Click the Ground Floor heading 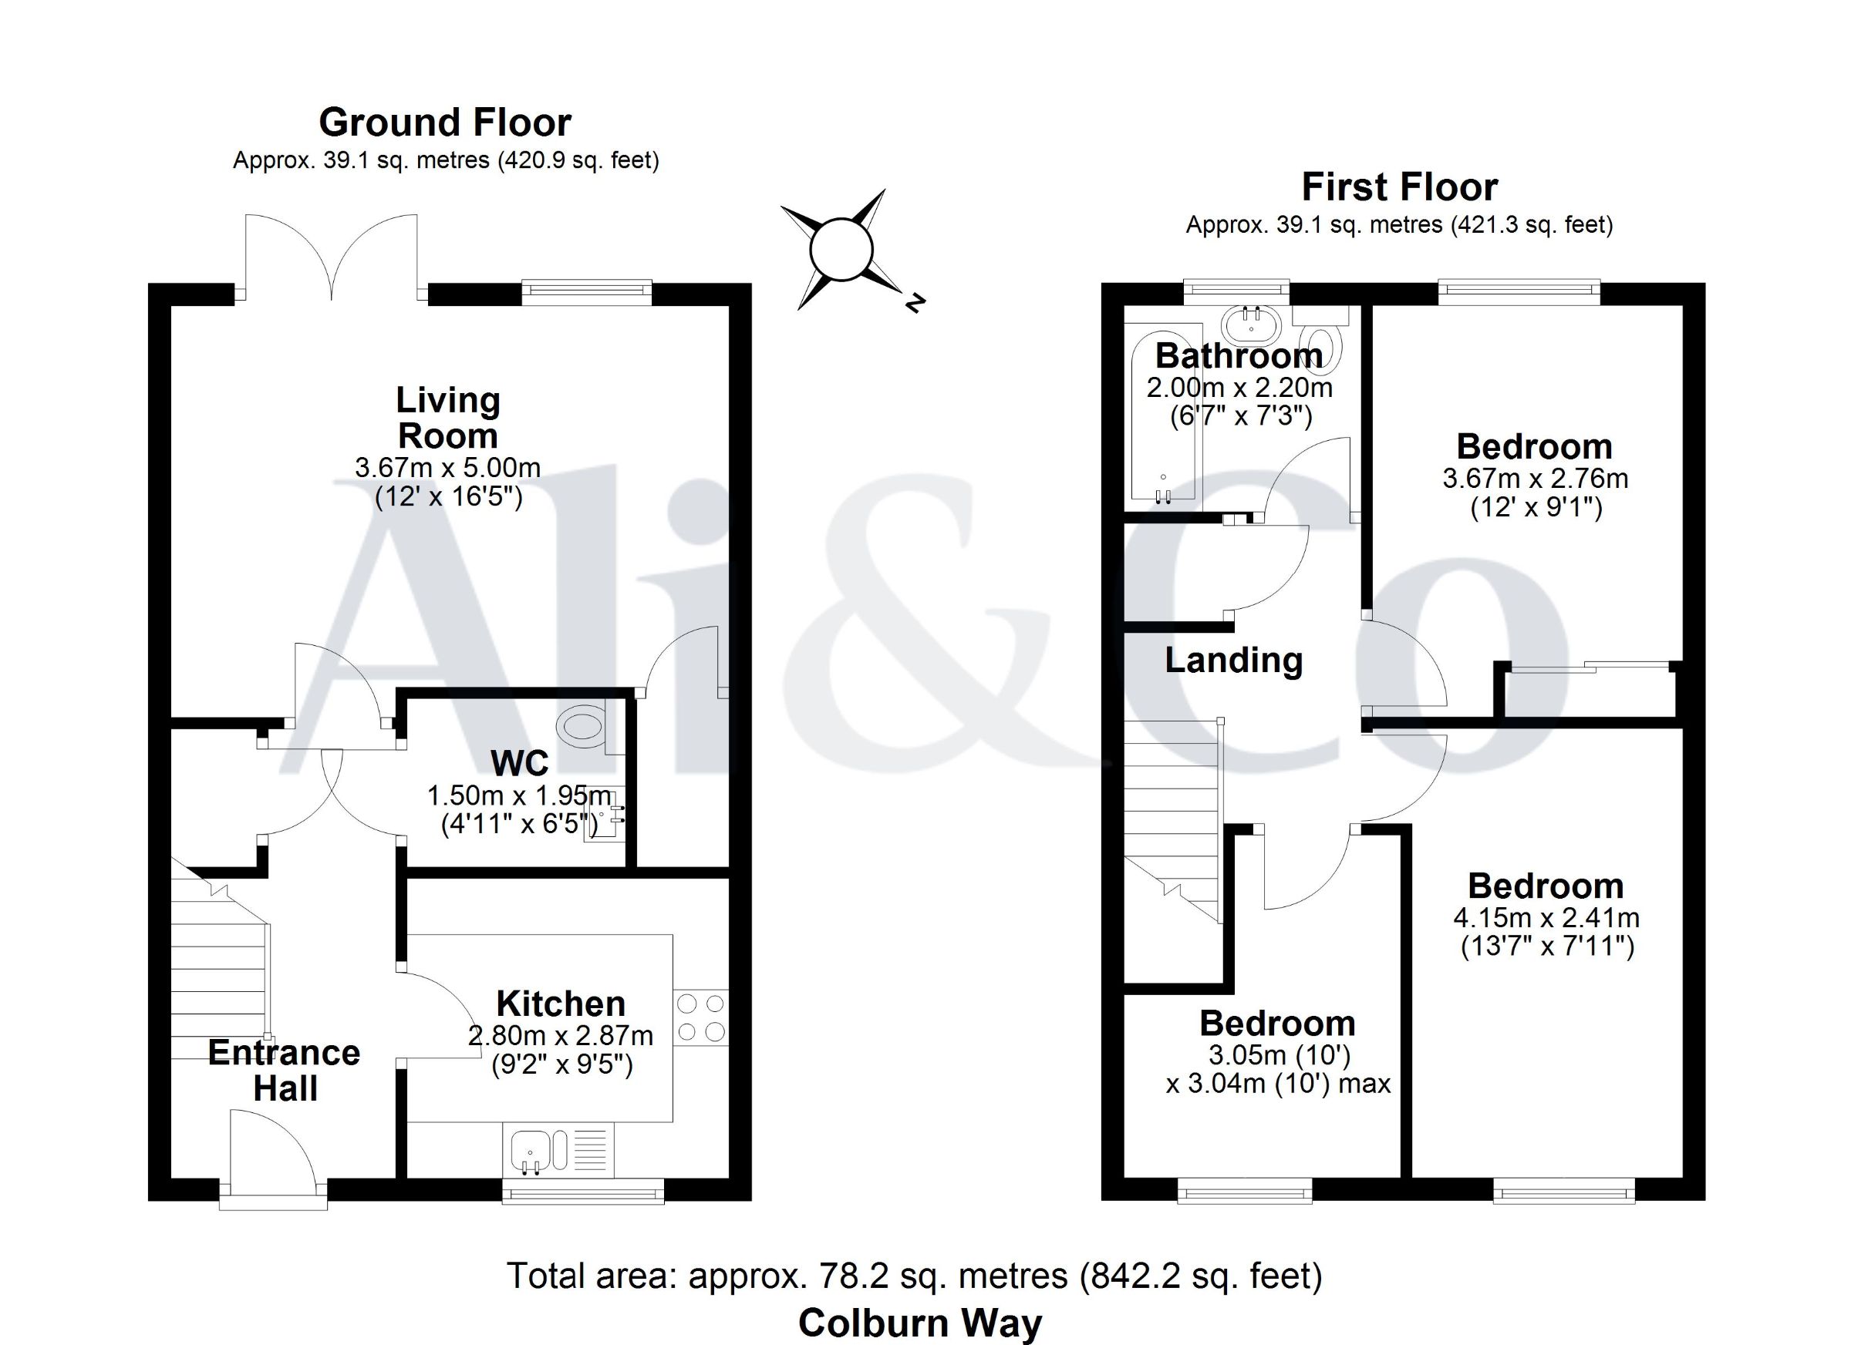pos(445,123)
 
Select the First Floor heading pos(1400,187)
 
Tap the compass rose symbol pos(841,250)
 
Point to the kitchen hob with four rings pos(701,1017)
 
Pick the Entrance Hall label pos(284,1070)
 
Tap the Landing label pos(1233,661)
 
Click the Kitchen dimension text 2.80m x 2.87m pos(561,1036)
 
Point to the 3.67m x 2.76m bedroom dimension pos(1535,478)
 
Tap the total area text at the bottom pos(914,1276)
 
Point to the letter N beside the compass pos(915,303)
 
